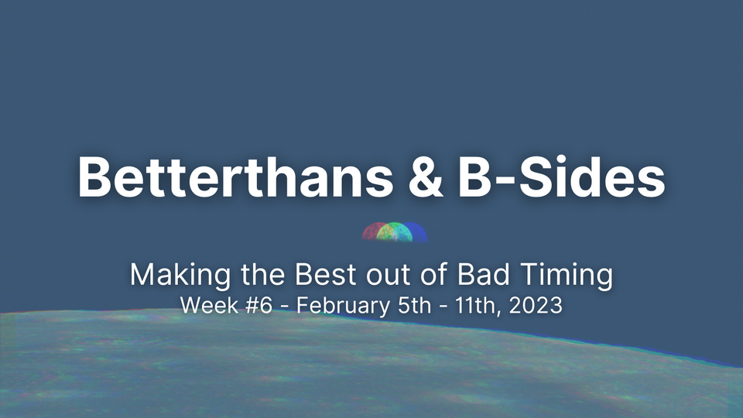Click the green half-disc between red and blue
pos(395,231)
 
